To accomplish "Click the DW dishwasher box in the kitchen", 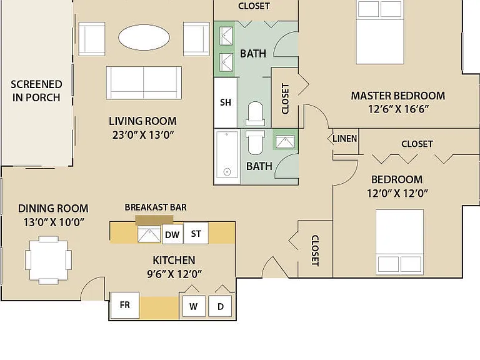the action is coord(172,234).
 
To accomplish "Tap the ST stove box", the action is coord(196,233).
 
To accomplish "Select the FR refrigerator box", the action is coord(125,305).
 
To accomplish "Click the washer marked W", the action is coord(194,306).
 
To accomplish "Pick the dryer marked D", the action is coord(220,306).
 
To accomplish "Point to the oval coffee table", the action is coord(144,37).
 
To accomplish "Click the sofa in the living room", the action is coord(144,82).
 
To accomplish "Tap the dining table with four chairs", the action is coord(49,260).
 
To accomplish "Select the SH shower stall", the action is coord(226,102).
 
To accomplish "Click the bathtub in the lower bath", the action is coord(227,157).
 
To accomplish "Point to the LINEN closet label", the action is coord(345,139).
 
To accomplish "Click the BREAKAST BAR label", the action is coord(156,207).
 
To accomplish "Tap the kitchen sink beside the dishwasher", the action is coord(149,234).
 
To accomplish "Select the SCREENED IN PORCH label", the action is coord(36,91).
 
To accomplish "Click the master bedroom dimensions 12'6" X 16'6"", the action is coord(398,109).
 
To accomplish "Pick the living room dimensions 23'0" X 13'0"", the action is coord(143,135).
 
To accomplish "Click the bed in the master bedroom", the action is coord(379,32).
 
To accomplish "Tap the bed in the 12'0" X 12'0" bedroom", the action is coord(400,242).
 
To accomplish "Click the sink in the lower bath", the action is coord(285,142).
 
